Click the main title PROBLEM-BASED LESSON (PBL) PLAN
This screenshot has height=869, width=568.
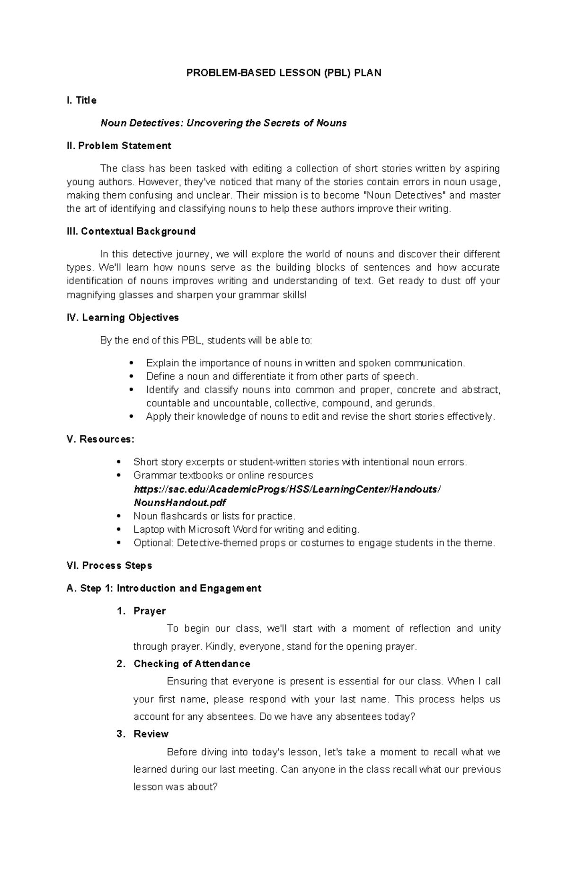[284, 73]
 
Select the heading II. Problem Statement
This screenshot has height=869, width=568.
[119, 146]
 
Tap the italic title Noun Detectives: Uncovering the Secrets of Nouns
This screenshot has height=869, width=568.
[223, 123]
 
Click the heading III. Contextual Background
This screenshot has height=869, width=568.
[131, 232]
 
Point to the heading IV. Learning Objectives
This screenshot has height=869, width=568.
[123, 318]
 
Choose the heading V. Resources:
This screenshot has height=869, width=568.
[101, 439]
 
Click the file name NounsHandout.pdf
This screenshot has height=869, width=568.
[180, 502]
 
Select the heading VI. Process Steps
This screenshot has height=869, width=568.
[109, 566]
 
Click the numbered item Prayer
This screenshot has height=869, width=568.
[150, 611]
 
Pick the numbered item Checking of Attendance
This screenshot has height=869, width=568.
[192, 664]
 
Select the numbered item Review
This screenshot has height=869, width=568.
[151, 734]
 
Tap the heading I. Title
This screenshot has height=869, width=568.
[81, 100]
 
